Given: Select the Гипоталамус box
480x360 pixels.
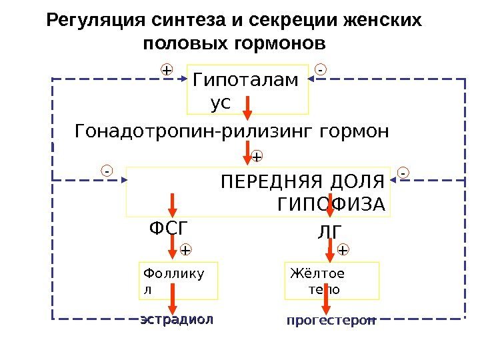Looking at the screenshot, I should point(248,89).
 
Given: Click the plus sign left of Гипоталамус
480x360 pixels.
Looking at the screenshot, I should point(166,69).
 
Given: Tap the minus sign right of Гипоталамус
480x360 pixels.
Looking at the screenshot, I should point(321,69).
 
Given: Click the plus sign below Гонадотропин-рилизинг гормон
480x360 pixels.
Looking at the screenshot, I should point(257,157).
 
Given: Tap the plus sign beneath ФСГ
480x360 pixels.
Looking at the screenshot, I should point(185,250).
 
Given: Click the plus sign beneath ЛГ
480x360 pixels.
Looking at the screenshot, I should point(343,250).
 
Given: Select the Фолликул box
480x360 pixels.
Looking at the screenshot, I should point(179,281).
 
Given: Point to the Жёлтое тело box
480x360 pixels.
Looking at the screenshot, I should point(332,281).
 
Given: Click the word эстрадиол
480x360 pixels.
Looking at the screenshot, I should point(177,319).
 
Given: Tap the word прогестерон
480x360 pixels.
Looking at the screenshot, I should point(331,321).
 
